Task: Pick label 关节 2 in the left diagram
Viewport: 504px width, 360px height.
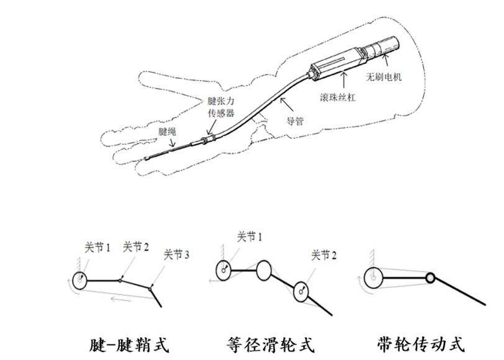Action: click(136, 247)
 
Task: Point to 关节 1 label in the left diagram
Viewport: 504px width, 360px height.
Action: click(97, 247)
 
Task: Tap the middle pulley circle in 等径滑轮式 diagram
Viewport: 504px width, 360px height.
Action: click(264, 271)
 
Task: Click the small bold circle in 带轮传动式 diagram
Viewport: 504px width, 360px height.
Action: click(430, 277)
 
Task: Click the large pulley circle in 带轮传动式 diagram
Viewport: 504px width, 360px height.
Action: click(374, 277)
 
